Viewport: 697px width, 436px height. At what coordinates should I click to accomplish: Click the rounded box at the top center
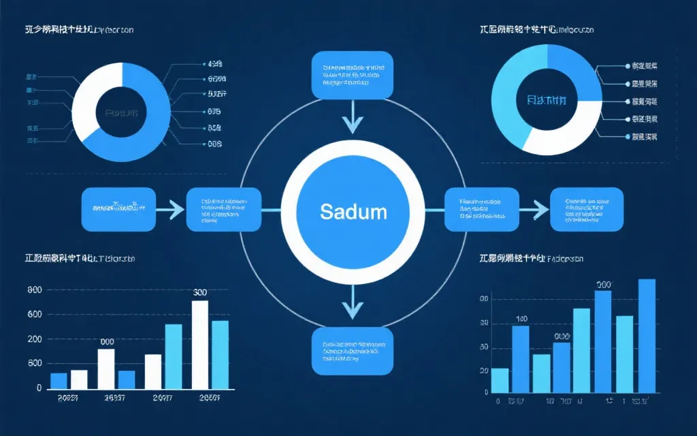tap(353, 75)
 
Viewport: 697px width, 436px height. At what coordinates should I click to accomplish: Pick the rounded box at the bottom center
tap(353, 350)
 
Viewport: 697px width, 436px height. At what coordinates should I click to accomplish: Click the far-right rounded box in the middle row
tap(586, 209)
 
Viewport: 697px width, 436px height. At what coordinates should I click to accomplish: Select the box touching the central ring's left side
tap(224, 210)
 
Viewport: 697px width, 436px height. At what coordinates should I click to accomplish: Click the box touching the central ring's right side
tap(481, 210)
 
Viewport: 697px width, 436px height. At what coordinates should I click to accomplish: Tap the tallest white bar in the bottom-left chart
tap(200, 344)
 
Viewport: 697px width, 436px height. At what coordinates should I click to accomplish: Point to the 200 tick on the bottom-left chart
tap(34, 339)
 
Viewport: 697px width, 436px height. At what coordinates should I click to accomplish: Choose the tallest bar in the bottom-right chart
tap(647, 336)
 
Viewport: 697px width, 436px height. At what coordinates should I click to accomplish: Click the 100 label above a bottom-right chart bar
tap(521, 319)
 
